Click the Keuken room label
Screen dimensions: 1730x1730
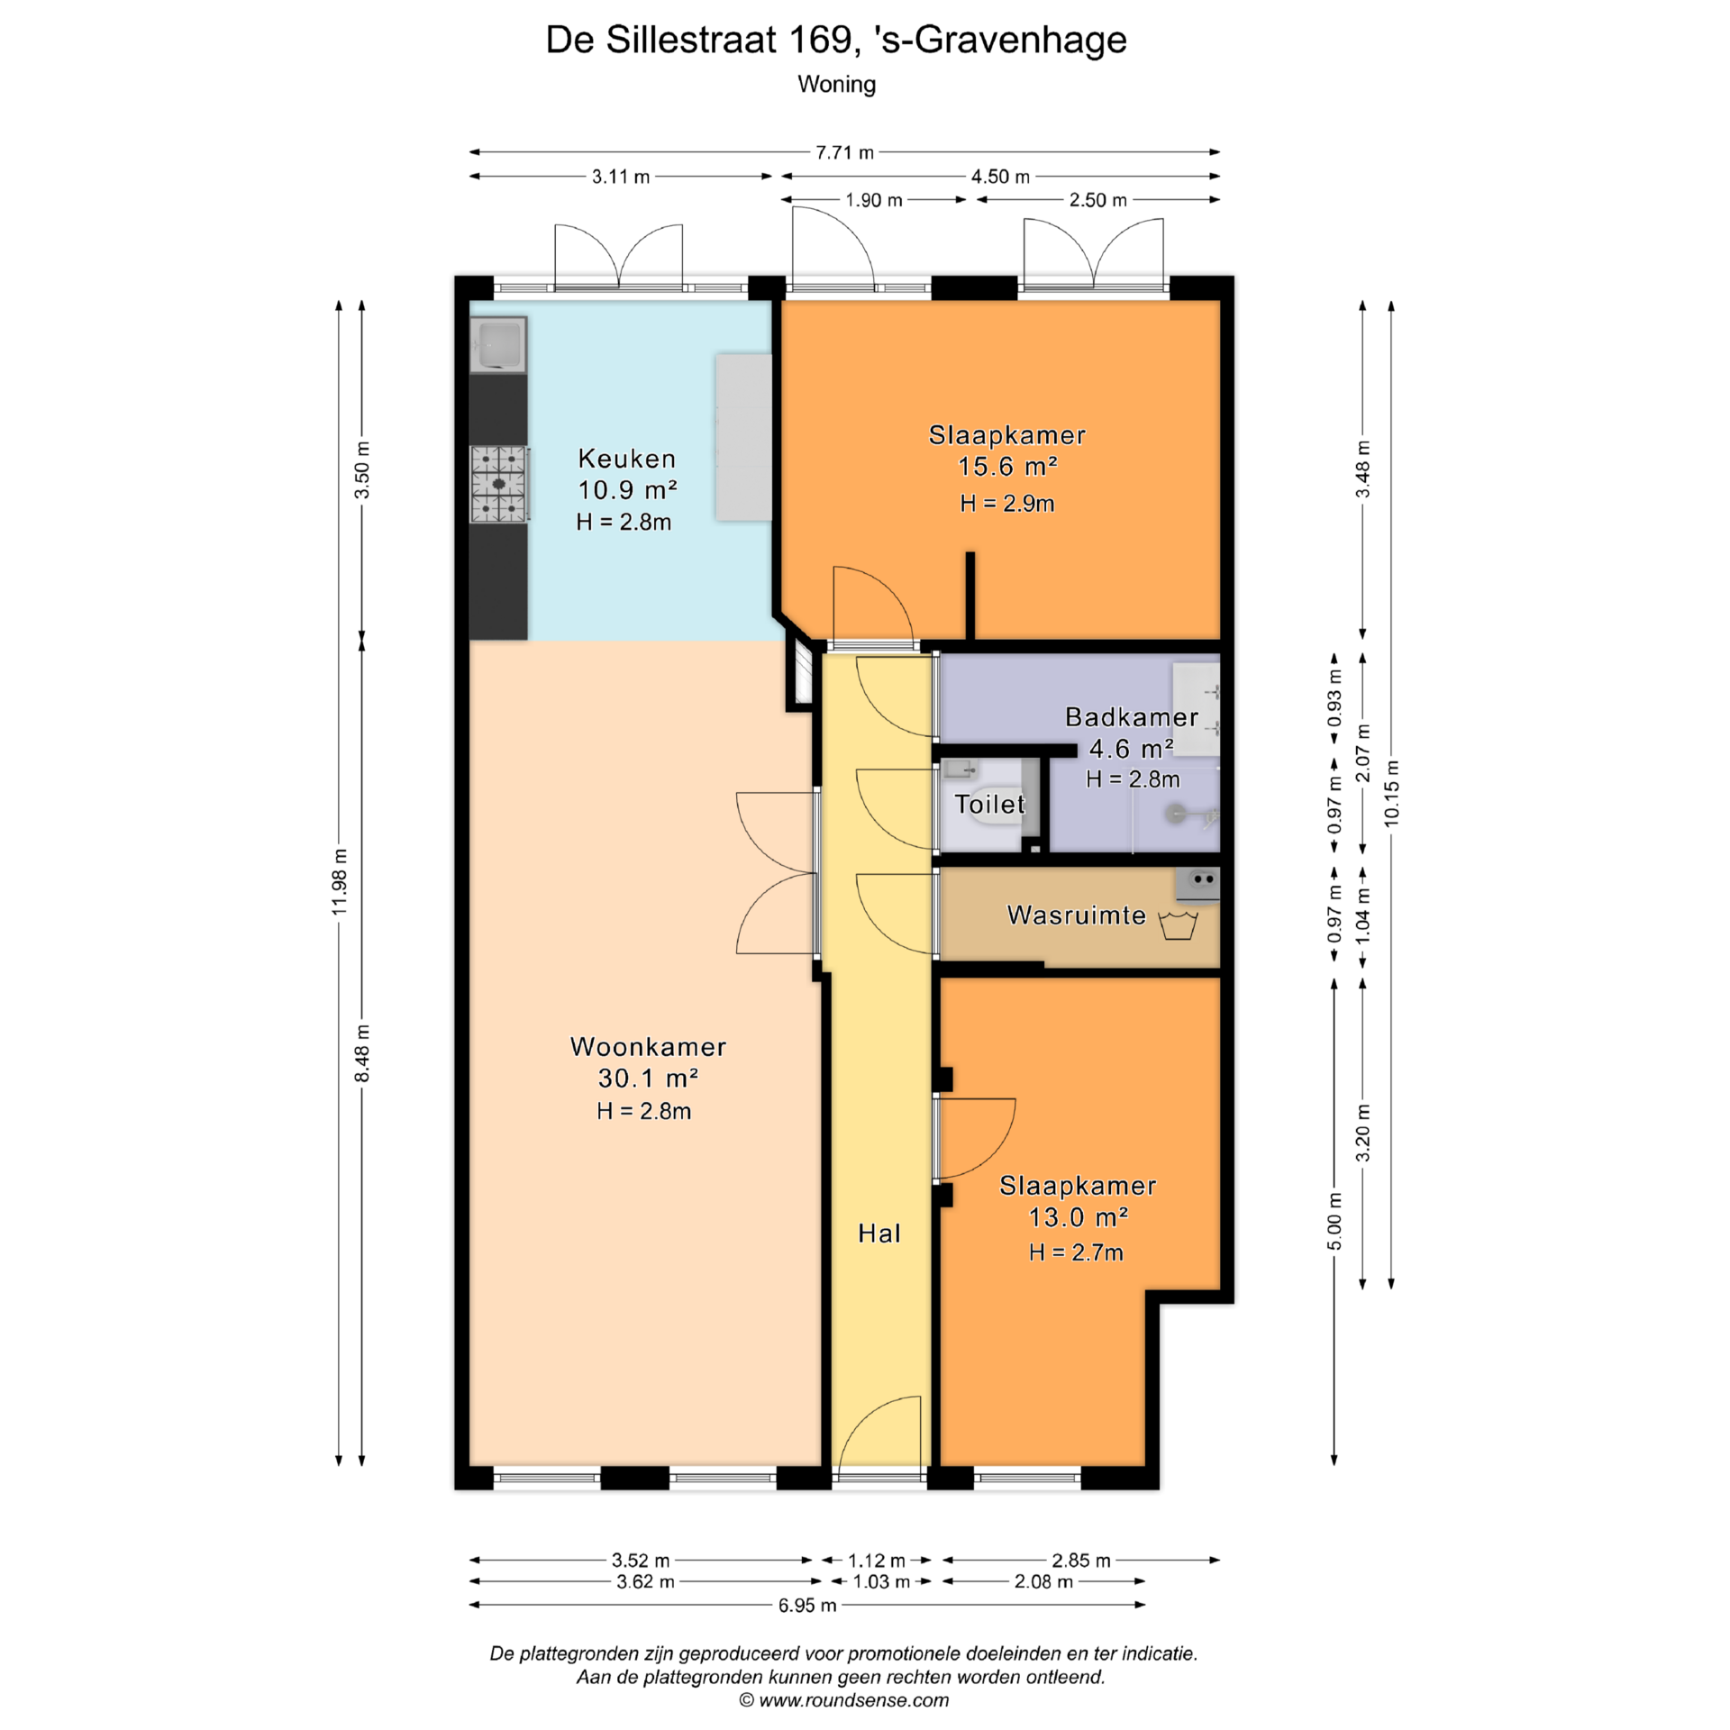pyautogui.click(x=626, y=459)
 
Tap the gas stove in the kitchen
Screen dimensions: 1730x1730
pyautogui.click(x=498, y=484)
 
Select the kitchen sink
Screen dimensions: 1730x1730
pyautogui.click(x=498, y=344)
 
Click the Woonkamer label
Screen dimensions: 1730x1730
pyautogui.click(x=648, y=1047)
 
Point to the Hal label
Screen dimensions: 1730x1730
pyautogui.click(x=879, y=1234)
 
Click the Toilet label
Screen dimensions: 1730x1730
pyautogui.click(x=989, y=804)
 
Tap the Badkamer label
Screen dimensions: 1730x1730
pyautogui.click(x=1132, y=717)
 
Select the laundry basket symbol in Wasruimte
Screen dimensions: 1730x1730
pyautogui.click(x=1178, y=925)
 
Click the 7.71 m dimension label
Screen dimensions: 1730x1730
pyautogui.click(x=844, y=152)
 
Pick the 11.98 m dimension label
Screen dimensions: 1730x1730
pyautogui.click(x=340, y=881)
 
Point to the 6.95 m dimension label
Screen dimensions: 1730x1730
pyautogui.click(x=807, y=1606)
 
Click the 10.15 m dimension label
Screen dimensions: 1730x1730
pyautogui.click(x=1392, y=793)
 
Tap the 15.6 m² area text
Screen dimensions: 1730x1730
pyautogui.click(x=1007, y=467)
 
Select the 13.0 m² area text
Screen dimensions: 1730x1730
pyautogui.click(x=1079, y=1217)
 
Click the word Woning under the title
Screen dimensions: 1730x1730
pyautogui.click(x=837, y=85)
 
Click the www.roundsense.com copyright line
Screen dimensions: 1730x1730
pyautogui.click(x=844, y=1700)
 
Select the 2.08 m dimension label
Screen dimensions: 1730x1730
pyautogui.click(x=1043, y=1581)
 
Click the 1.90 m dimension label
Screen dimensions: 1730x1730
pyautogui.click(x=873, y=200)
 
